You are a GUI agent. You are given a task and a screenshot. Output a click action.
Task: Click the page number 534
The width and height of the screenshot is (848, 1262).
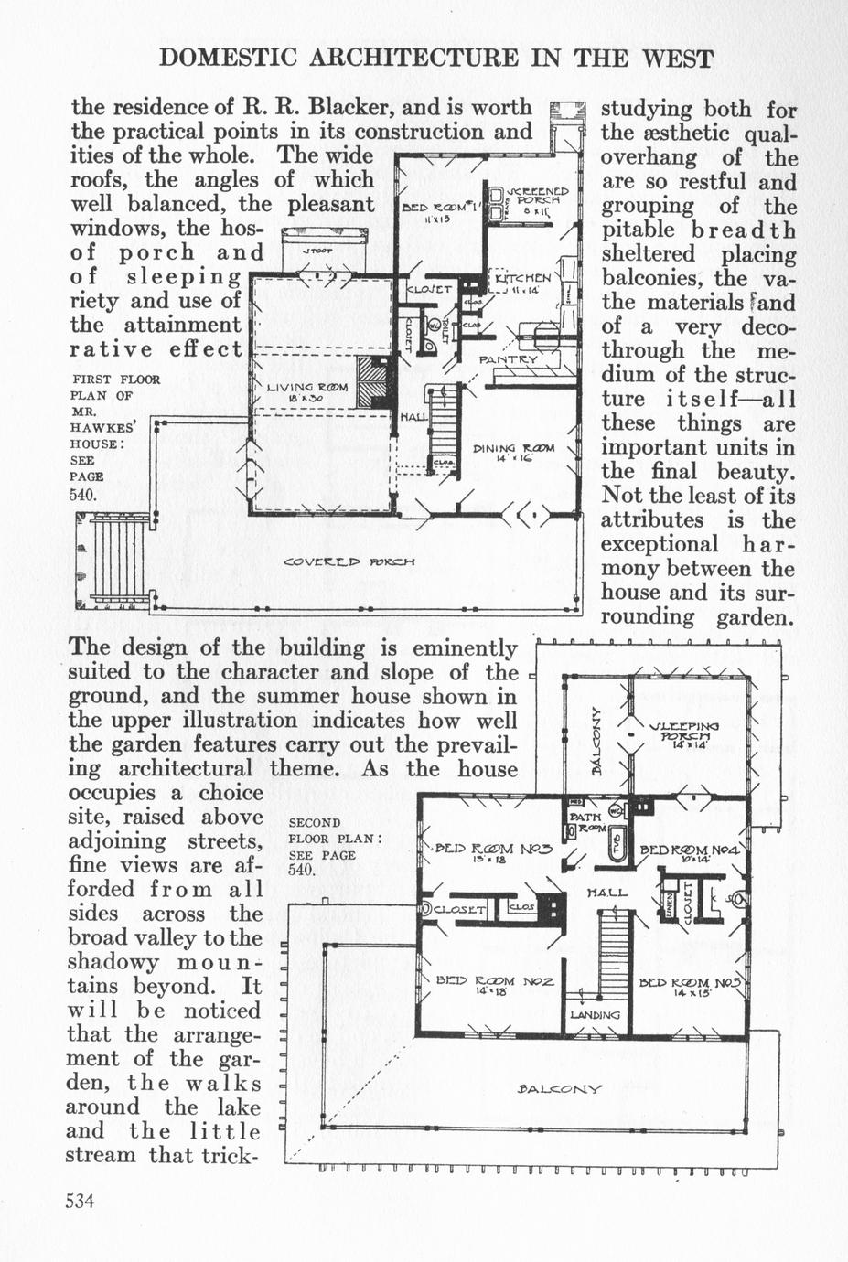(81, 1201)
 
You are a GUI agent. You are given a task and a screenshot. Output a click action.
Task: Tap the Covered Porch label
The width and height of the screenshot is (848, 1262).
(350, 561)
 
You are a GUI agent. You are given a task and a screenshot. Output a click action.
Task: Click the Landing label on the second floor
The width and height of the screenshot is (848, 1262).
(595, 1014)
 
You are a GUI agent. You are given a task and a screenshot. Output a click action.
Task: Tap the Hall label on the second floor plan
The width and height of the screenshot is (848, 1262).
(606, 892)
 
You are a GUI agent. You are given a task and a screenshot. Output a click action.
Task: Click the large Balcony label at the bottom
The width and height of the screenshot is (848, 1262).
(559, 1088)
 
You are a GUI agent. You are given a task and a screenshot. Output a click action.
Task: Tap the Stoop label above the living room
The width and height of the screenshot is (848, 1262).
(317, 250)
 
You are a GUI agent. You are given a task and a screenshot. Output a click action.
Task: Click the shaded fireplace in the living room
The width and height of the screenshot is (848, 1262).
(372, 382)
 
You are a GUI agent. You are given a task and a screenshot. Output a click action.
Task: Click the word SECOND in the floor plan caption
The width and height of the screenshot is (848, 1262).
(314, 822)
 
